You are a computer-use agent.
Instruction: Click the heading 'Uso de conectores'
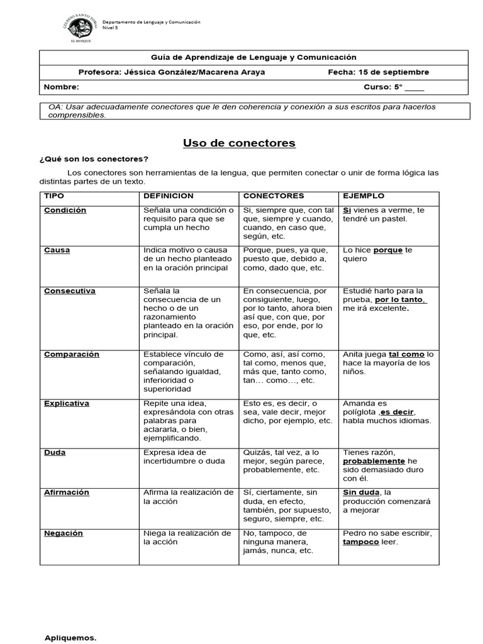tap(239, 143)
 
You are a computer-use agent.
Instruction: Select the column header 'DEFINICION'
tap(169, 196)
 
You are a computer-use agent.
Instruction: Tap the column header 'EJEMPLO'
tap(364, 196)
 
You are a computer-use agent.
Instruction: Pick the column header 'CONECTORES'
tap(274, 196)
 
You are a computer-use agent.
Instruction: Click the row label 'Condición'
tap(65, 210)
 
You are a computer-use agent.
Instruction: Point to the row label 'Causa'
tap(57, 250)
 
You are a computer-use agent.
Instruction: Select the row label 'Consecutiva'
tap(69, 291)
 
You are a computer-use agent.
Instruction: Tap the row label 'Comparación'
tap(72, 355)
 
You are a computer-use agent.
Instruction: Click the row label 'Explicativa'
tap(67, 403)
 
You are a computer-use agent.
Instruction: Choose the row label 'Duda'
tap(55, 452)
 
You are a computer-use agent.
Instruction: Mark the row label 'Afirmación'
tap(67, 492)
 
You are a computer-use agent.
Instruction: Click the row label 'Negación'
tap(64, 533)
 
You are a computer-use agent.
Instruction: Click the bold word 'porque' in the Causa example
tap(388, 250)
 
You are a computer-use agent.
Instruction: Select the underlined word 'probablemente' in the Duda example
tap(374, 461)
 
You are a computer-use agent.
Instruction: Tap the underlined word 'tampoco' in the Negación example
tap(361, 542)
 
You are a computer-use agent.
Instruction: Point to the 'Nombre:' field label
tap(62, 87)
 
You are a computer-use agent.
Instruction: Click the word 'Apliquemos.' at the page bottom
tap(70, 638)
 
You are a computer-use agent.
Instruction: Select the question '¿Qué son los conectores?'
tap(94, 158)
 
